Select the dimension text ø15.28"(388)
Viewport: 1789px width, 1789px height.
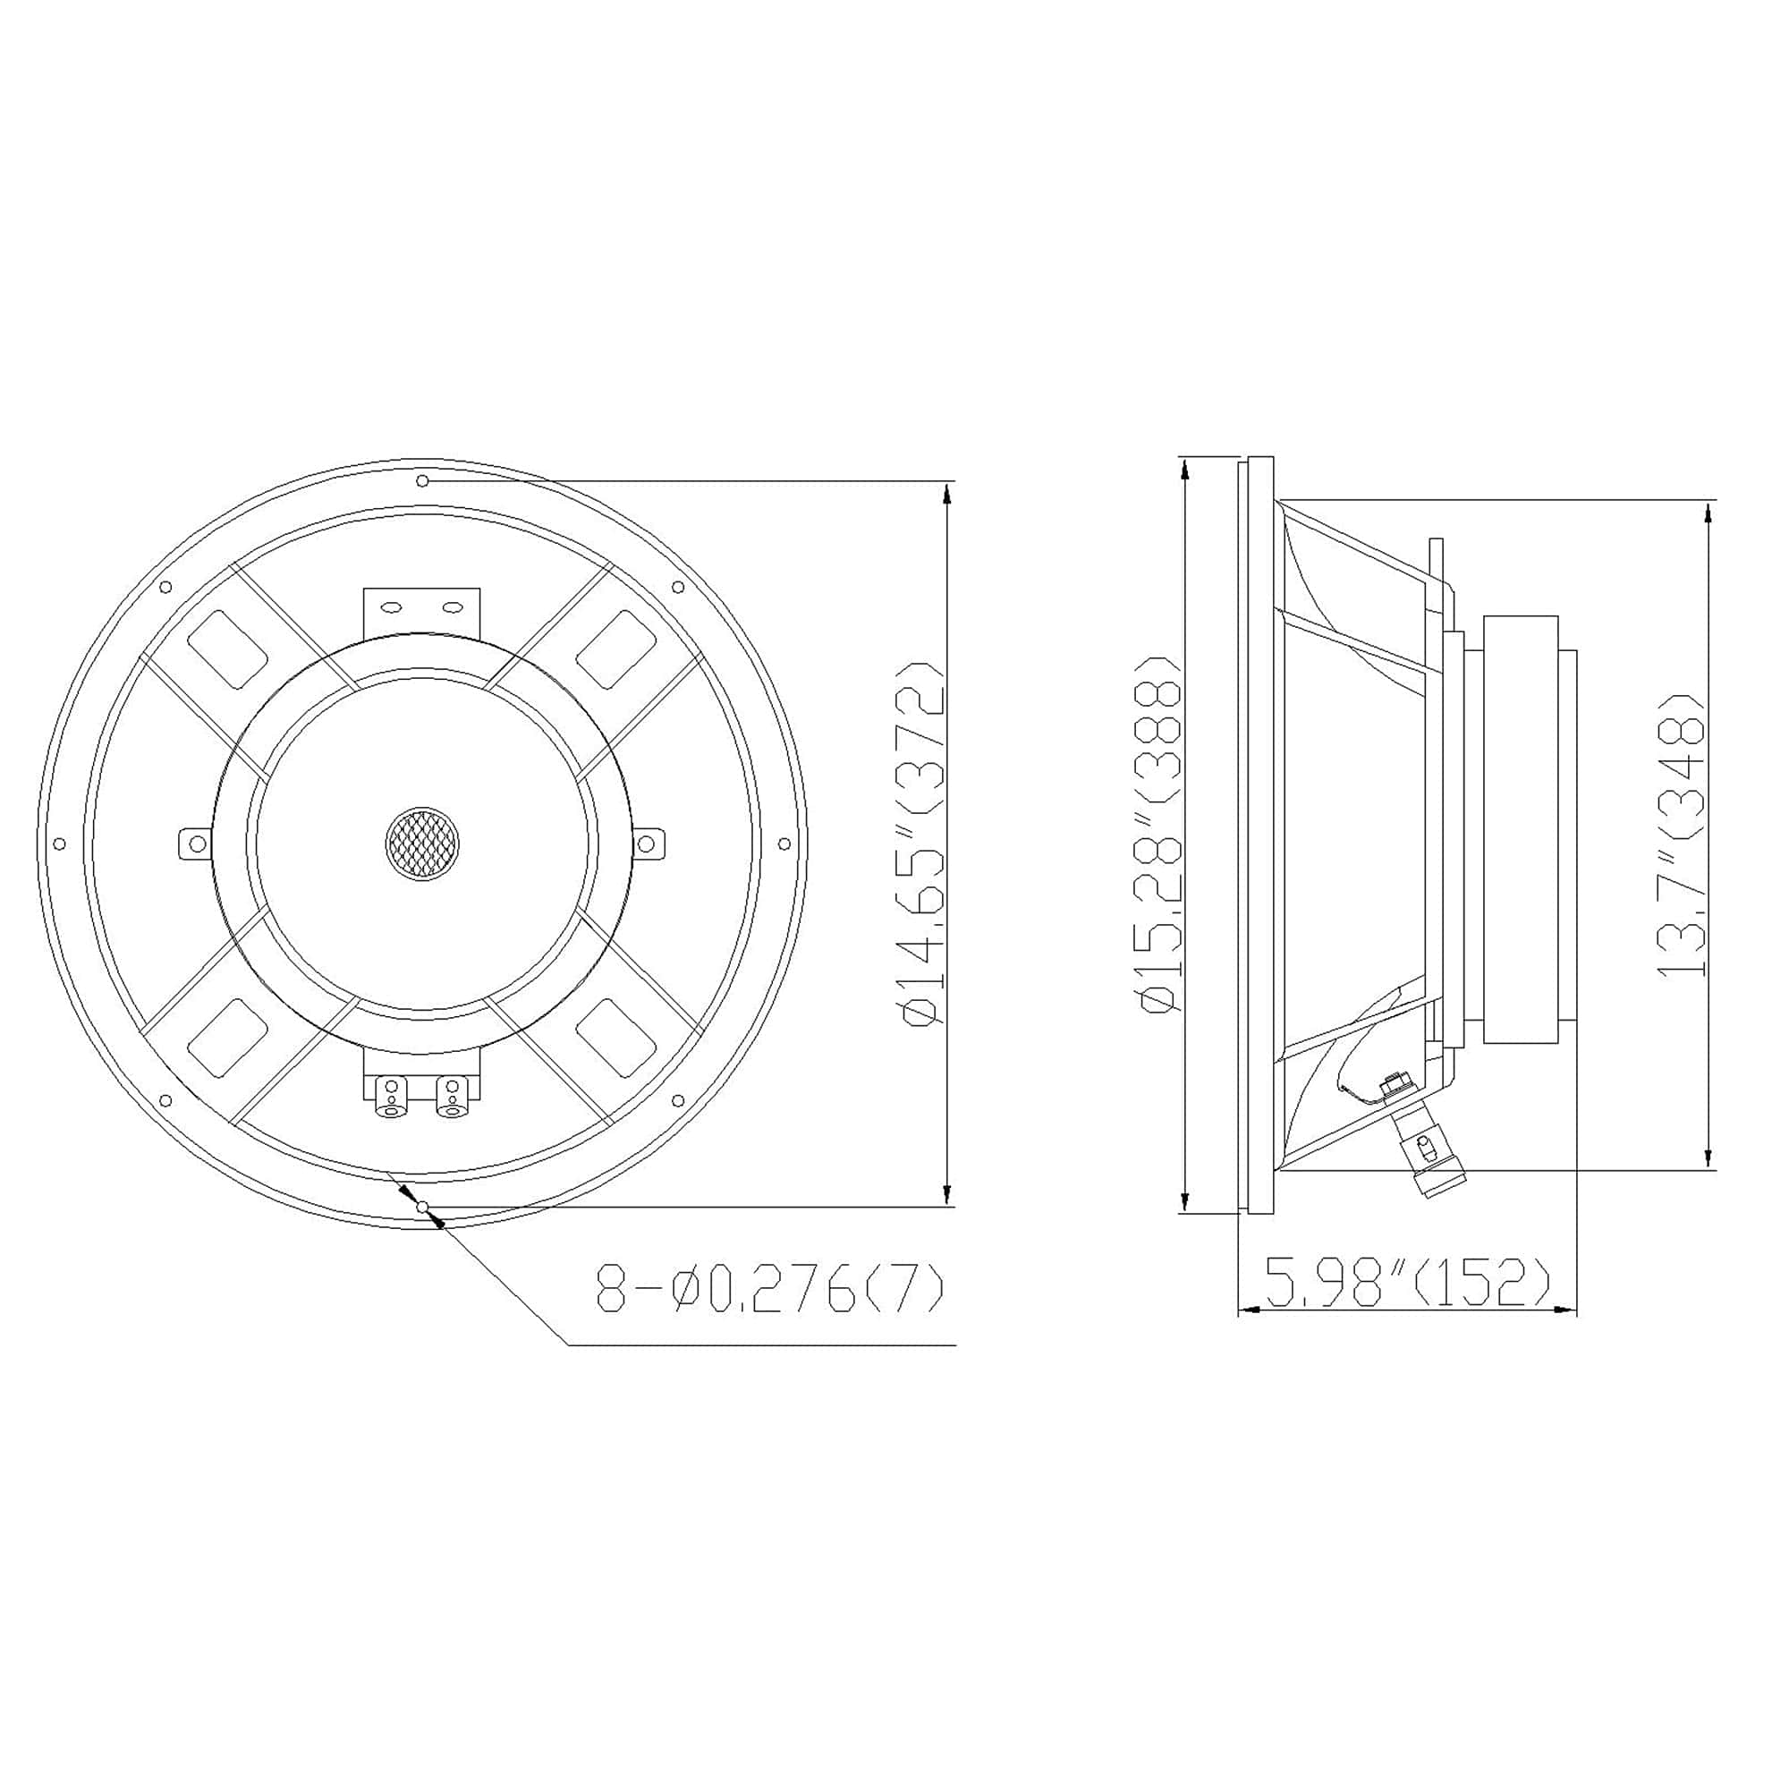tap(1161, 834)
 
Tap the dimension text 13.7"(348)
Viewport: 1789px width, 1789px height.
tap(1680, 834)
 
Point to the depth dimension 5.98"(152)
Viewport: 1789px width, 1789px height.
tap(1406, 1284)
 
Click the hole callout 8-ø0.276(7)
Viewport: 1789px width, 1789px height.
tap(768, 1288)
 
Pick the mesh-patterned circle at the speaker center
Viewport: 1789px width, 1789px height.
tap(422, 844)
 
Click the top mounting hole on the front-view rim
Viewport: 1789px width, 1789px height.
tap(422, 480)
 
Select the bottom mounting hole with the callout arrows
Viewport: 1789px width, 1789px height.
tap(422, 1207)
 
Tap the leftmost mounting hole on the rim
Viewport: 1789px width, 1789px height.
tap(60, 844)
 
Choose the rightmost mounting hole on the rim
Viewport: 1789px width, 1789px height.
tap(784, 844)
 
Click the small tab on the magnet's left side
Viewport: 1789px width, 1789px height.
tap(195, 844)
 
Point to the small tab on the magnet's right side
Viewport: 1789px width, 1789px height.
tap(648, 844)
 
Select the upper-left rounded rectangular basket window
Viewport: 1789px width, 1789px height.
tap(228, 649)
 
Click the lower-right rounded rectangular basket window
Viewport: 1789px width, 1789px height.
tap(615, 1037)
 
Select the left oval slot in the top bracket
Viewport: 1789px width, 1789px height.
tap(392, 607)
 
